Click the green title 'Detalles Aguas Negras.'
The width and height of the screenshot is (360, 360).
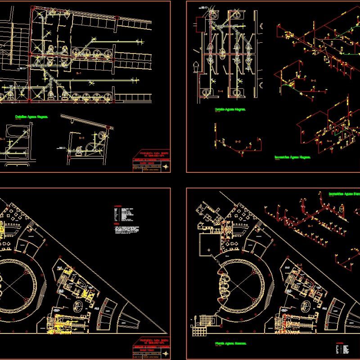pos(31,116)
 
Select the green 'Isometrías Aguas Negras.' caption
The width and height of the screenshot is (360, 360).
pos(293,157)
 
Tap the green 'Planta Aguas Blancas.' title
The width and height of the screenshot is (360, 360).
pos(230,343)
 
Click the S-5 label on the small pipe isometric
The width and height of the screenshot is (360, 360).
pos(238,142)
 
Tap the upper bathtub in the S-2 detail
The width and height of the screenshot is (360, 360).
pos(15,131)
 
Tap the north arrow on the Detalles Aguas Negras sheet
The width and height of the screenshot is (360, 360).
pos(166,167)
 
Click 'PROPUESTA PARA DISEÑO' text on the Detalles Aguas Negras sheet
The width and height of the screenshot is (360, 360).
pos(150,157)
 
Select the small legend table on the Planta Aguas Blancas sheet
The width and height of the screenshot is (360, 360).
pos(342,349)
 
